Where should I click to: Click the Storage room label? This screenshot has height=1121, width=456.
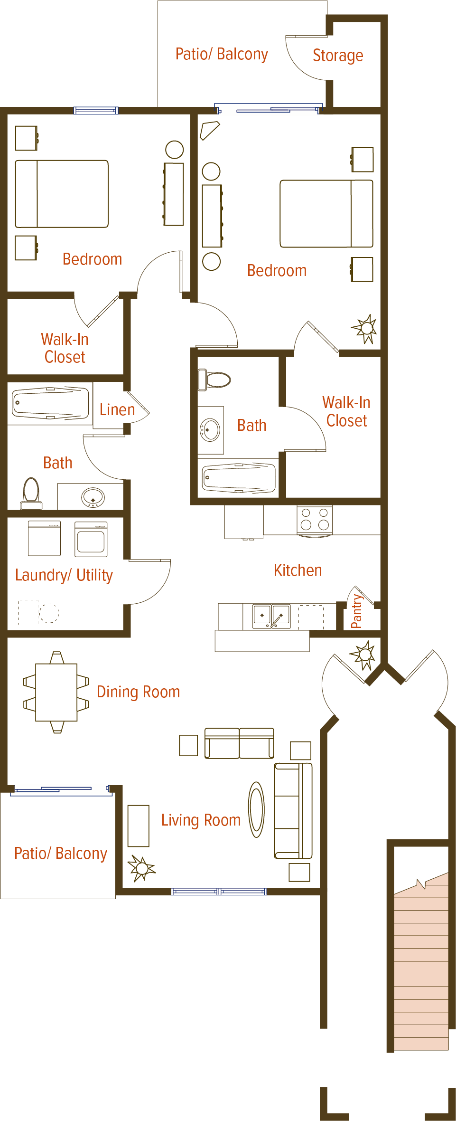(338, 56)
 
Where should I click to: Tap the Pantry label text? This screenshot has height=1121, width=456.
(356, 612)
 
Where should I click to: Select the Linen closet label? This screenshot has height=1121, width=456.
(117, 409)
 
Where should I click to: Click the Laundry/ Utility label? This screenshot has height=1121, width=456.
(64, 575)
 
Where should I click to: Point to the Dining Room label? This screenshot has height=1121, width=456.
(138, 692)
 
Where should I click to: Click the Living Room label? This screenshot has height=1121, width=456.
(201, 820)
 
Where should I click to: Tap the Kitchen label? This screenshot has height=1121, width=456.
(298, 570)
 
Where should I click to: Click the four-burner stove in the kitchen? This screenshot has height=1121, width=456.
(315, 519)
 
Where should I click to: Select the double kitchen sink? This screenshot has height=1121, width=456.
(271, 616)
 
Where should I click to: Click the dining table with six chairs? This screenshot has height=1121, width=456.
(56, 692)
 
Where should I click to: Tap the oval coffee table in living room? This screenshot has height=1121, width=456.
(256, 809)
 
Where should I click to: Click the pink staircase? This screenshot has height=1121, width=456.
(421, 964)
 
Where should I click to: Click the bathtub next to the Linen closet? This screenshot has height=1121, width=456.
(50, 403)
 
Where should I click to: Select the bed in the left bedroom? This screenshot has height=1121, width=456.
(62, 194)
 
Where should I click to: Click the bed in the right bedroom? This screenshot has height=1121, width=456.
(326, 214)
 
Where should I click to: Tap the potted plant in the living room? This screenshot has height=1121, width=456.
(141, 868)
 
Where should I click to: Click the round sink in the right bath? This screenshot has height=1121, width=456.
(210, 430)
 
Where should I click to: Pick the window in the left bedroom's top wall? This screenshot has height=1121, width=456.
(96, 111)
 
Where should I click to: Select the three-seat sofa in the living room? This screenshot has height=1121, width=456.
(293, 810)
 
